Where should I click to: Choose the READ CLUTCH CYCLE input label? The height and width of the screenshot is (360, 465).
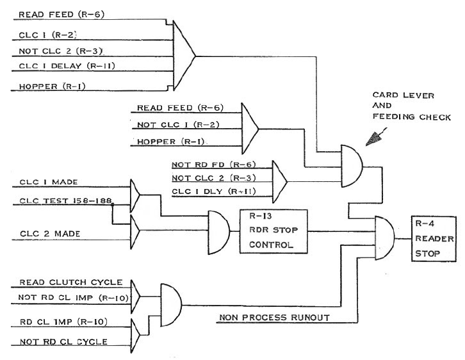click(62, 282)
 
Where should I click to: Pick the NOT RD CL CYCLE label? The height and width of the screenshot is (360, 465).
click(63, 341)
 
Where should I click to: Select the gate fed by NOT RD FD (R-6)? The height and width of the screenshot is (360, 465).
click(280, 179)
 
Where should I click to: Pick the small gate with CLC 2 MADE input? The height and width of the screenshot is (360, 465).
click(138, 226)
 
